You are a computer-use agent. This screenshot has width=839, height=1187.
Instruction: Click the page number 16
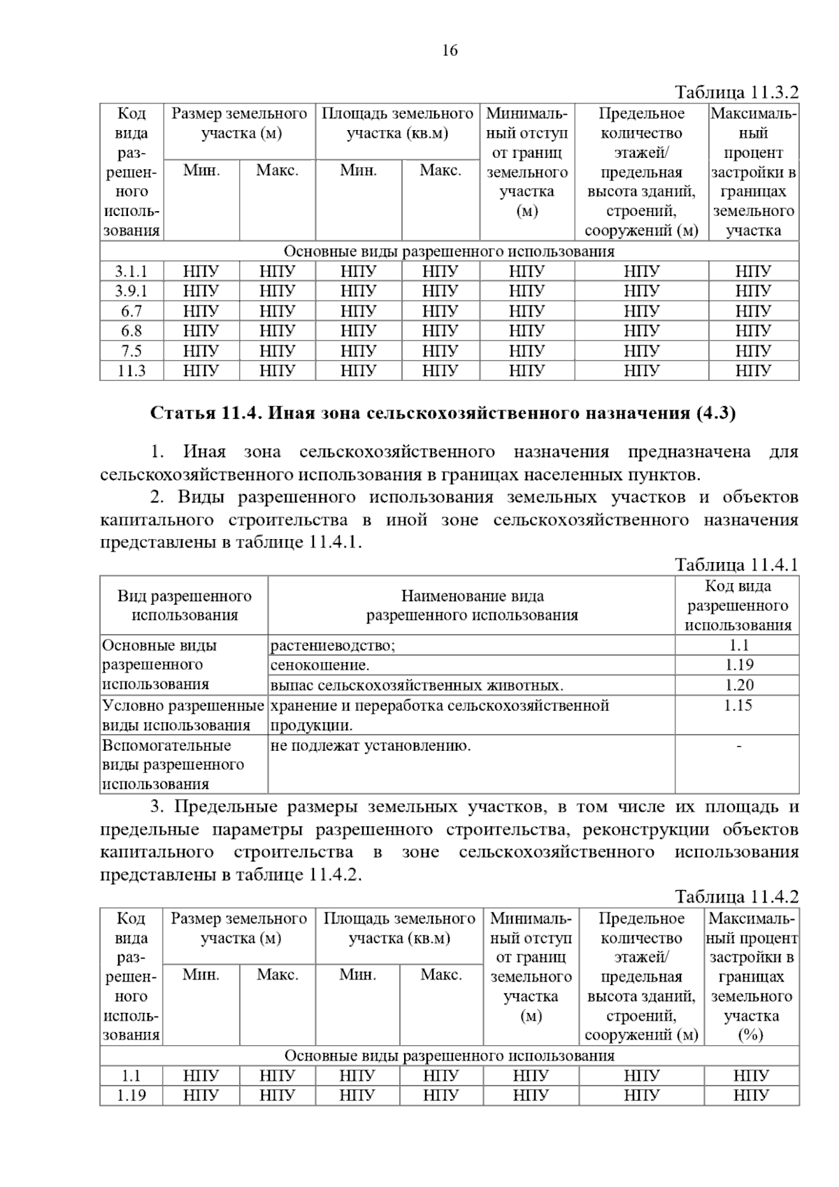(x=450, y=50)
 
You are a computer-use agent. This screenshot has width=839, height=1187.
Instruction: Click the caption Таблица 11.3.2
(x=736, y=92)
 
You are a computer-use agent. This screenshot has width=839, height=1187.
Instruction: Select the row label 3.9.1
(x=131, y=291)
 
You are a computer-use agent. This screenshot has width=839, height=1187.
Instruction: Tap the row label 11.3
(x=131, y=370)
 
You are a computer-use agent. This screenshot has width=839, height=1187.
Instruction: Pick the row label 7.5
(x=131, y=350)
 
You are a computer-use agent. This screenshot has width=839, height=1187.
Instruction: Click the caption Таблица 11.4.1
(x=736, y=565)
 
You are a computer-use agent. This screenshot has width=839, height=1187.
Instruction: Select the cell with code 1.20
(x=738, y=685)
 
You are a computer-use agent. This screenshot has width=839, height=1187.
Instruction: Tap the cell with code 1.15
(x=738, y=705)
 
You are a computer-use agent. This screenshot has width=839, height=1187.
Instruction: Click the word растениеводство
(x=332, y=645)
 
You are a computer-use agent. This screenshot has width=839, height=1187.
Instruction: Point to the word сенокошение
(x=320, y=665)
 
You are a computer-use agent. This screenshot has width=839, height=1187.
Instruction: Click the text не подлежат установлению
(x=371, y=745)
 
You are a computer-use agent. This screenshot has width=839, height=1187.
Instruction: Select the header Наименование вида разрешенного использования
(x=472, y=605)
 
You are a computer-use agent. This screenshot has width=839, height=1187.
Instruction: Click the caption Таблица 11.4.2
(x=736, y=897)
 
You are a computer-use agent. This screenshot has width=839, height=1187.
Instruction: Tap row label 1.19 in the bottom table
(x=131, y=1095)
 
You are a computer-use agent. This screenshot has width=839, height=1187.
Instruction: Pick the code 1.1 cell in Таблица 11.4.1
(x=738, y=645)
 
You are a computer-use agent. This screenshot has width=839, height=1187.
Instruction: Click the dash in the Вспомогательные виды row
(x=738, y=747)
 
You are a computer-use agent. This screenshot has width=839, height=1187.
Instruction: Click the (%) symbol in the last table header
(x=750, y=1035)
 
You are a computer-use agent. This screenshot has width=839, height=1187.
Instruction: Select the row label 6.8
(x=131, y=331)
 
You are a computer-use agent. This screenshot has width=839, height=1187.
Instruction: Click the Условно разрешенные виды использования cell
(x=183, y=715)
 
